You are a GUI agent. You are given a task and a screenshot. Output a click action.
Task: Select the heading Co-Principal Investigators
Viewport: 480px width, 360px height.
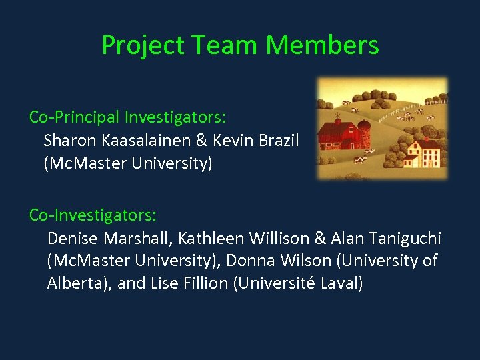click(x=127, y=117)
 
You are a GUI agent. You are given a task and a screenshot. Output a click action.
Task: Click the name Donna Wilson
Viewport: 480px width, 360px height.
click(x=300, y=260)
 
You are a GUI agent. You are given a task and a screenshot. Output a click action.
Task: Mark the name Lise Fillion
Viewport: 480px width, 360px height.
click(x=188, y=283)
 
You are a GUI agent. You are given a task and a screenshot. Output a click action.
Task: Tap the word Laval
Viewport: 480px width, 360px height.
click(x=341, y=283)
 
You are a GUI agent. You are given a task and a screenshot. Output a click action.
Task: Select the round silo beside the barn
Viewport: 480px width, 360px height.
click(x=363, y=134)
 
